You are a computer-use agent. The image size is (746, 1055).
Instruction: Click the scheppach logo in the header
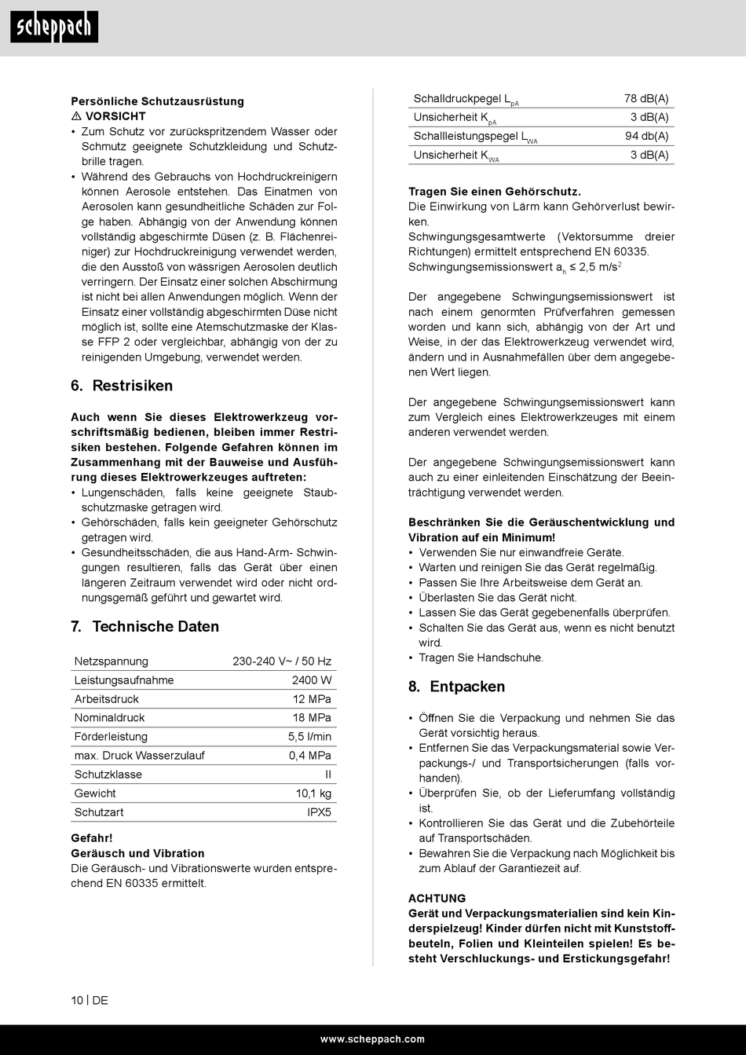coord(54,27)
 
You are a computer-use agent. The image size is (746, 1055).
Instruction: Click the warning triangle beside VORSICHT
coord(76,116)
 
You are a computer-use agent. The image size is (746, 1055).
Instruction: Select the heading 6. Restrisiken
coord(122,386)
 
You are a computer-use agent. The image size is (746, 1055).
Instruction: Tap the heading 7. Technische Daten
coord(144,626)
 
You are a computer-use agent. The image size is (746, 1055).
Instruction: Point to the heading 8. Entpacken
coord(456,687)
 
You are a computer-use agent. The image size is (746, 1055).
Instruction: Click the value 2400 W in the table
coord(312,680)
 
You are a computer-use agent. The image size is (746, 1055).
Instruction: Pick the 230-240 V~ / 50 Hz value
coord(282,661)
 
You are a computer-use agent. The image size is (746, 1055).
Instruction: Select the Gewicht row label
coord(95,793)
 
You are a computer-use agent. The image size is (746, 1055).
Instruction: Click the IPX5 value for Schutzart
coord(319,812)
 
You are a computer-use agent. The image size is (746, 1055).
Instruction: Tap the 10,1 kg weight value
coord(313,793)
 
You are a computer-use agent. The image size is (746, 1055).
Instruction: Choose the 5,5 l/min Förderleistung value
coord(309,737)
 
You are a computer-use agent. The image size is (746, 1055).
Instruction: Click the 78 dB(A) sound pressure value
coord(646,99)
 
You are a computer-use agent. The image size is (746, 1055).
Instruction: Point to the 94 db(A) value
coord(646,137)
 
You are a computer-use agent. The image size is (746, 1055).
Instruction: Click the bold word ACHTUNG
coord(437,899)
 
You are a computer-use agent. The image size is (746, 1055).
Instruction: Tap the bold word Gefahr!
coord(92,838)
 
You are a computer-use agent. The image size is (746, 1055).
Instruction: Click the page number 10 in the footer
coord(77,1001)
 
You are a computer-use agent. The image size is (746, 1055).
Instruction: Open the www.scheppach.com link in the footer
coord(372,1039)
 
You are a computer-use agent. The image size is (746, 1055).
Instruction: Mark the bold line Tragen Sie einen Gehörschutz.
coord(494,192)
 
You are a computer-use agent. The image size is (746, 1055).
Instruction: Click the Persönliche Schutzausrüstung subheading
coord(157,101)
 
